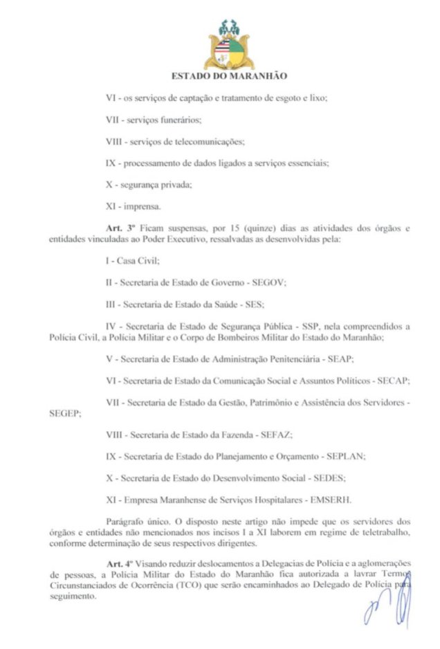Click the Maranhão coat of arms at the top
[227, 44]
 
